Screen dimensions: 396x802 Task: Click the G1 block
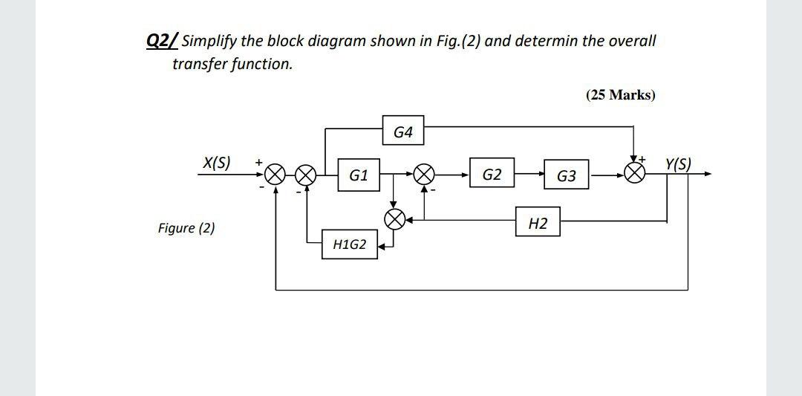[x=359, y=175]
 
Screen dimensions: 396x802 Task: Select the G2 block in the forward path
[x=492, y=175]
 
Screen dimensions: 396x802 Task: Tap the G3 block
[x=566, y=176]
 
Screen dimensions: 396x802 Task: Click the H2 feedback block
[x=538, y=222]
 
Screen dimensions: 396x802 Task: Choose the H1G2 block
[x=350, y=244]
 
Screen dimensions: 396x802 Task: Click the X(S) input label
[x=217, y=162]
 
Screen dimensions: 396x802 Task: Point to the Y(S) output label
[x=679, y=163]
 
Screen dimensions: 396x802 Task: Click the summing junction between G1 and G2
[x=424, y=175]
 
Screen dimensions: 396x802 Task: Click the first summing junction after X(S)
[x=276, y=175]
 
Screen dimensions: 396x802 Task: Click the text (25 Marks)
[x=620, y=95]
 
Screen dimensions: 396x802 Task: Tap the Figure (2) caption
[x=186, y=228]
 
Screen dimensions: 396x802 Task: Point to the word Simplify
[x=211, y=41]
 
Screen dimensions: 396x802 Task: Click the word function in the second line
[x=264, y=64]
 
